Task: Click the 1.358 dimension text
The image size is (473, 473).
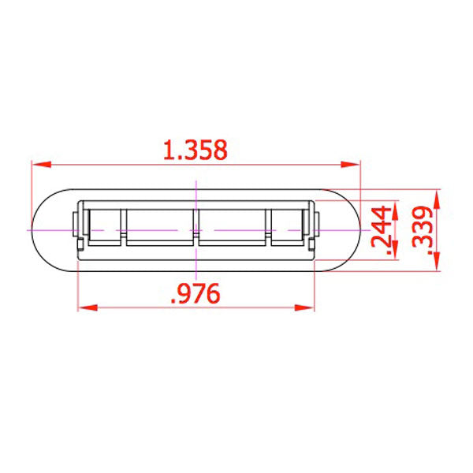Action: (x=196, y=150)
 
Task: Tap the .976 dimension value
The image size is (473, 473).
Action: (x=196, y=293)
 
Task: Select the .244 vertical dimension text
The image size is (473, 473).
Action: (x=381, y=230)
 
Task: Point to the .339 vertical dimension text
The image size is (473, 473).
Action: (x=423, y=230)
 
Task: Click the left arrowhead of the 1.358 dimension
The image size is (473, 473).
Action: (x=41, y=165)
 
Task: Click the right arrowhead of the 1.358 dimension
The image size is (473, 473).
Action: (x=351, y=165)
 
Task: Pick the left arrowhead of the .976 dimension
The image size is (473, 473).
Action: (x=88, y=307)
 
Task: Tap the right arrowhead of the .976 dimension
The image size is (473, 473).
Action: (x=304, y=307)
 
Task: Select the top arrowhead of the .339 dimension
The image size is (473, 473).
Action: (x=437, y=199)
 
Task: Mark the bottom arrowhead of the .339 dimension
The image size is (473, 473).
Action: (x=437, y=262)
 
